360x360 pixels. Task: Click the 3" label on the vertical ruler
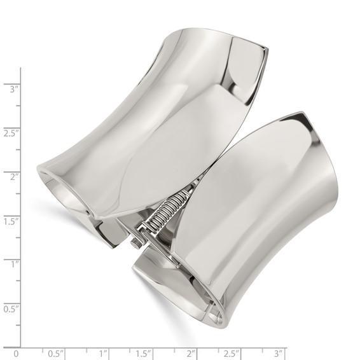point(12,89)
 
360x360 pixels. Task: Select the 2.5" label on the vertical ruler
point(11,132)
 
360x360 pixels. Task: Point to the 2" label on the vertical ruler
point(12,176)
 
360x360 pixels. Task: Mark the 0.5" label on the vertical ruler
point(11,308)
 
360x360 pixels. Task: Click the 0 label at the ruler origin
point(17,352)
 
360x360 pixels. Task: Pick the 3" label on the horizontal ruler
point(279,352)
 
